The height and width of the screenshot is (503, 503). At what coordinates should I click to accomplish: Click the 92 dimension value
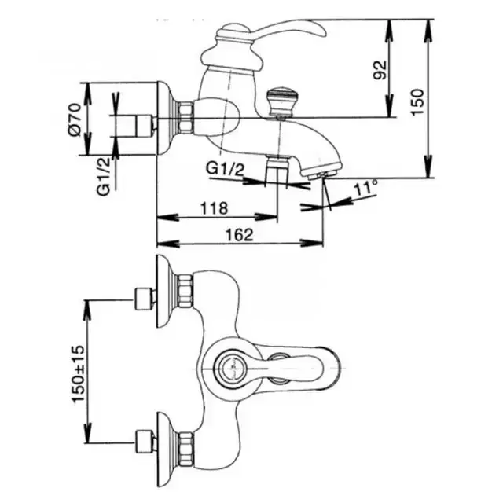click(x=380, y=70)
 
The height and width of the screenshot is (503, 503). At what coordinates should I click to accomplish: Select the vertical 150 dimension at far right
click(x=417, y=101)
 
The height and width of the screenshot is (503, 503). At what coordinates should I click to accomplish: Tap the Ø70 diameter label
click(x=75, y=119)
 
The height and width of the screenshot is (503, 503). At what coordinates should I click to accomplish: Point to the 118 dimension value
click(x=214, y=208)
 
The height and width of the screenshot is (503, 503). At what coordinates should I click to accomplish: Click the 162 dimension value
click(x=240, y=235)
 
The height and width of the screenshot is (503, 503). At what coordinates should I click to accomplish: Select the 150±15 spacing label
click(x=78, y=374)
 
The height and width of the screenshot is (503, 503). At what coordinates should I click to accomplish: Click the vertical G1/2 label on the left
click(x=103, y=177)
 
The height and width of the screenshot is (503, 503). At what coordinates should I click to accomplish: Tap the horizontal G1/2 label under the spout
click(x=225, y=168)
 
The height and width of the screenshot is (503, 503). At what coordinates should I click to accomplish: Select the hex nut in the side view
click(x=186, y=118)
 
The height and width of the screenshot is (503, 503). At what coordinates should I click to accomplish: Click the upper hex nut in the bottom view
click(x=186, y=290)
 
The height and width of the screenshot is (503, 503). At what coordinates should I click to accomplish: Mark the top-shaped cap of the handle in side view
click(x=233, y=31)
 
